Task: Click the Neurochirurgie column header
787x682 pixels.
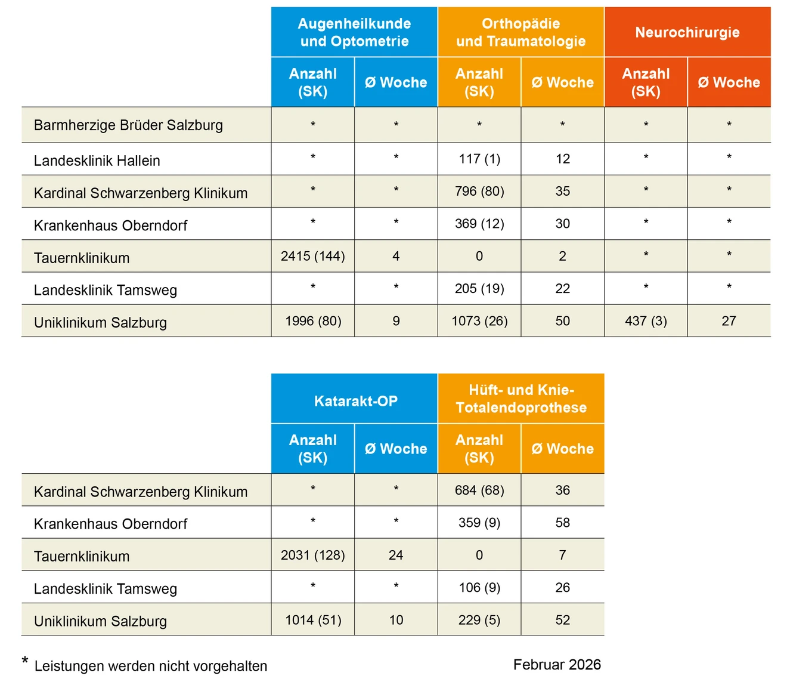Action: [x=687, y=32]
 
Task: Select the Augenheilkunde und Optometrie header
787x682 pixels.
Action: [x=354, y=32]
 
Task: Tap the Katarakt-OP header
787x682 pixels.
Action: [x=355, y=401]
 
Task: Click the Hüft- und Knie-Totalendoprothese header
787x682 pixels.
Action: [x=521, y=399]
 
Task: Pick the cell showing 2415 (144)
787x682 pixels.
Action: [x=313, y=256]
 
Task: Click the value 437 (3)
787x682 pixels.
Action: [x=646, y=321]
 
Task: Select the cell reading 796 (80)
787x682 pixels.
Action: [x=479, y=192]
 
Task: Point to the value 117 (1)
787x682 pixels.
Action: [x=479, y=159]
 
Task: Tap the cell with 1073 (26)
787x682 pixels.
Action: [x=479, y=321]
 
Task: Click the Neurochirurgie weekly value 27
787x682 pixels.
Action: [x=729, y=321]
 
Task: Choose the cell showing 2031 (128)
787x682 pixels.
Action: [x=313, y=555]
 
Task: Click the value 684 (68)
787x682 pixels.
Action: [x=479, y=490]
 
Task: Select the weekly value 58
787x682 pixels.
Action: [x=562, y=523]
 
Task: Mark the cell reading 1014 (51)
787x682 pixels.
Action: [x=313, y=620]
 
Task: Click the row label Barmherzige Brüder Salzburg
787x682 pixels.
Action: [x=128, y=125]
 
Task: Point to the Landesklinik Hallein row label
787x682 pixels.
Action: [x=97, y=161]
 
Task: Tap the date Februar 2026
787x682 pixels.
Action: [x=557, y=665]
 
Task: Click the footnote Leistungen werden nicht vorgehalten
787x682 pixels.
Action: [x=151, y=666]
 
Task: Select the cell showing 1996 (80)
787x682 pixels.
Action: [x=313, y=321]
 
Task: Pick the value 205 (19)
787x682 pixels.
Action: [x=479, y=289]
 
